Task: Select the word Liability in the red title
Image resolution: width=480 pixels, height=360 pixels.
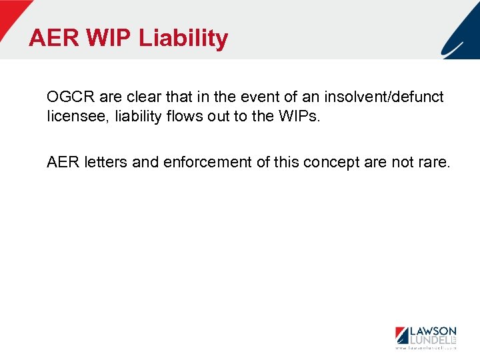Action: [x=183, y=38]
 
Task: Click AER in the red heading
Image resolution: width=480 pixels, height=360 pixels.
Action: [x=53, y=38]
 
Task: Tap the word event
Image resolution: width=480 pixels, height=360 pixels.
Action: [x=235, y=97]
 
